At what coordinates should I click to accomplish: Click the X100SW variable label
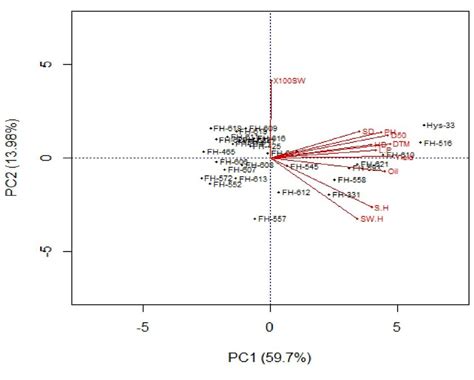(288, 82)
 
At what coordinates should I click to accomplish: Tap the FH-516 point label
(438, 144)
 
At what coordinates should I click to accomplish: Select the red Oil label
(393, 172)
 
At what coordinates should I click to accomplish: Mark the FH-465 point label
(220, 152)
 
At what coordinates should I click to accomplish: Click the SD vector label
(368, 131)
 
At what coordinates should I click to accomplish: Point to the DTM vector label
(394, 144)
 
